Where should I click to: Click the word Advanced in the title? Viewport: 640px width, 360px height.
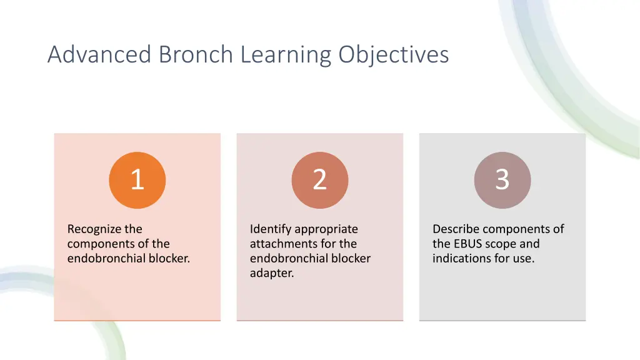[x=100, y=54]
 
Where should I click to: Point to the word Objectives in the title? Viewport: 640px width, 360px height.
[x=394, y=56]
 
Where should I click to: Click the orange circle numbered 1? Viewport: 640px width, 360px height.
[x=137, y=180]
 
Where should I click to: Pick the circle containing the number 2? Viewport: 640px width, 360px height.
[x=319, y=180]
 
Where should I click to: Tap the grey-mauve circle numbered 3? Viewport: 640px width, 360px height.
[x=502, y=180]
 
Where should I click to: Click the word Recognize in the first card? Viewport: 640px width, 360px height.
[x=95, y=229]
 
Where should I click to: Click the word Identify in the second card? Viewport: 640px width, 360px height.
[x=271, y=229]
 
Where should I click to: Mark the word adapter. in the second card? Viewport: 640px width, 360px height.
[x=272, y=273]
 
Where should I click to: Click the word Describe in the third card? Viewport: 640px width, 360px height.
[x=456, y=229]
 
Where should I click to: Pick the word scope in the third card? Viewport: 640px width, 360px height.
[x=500, y=244]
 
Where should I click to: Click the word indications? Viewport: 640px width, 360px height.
[x=460, y=258]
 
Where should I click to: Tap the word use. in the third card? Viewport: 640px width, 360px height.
[x=523, y=258]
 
